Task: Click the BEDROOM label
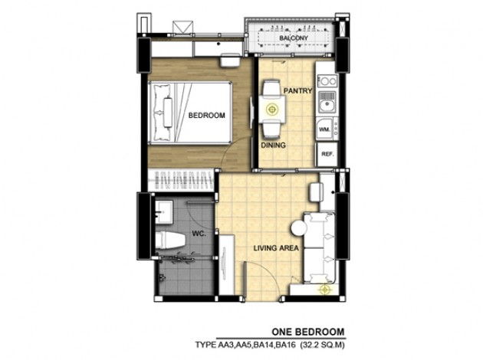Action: (x=207, y=116)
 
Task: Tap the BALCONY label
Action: (x=293, y=38)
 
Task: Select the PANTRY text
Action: (x=297, y=91)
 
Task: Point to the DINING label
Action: (x=273, y=146)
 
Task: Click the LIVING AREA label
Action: (x=276, y=248)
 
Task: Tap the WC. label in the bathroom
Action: (x=199, y=234)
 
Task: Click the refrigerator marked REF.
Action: (x=327, y=155)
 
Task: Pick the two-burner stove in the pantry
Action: (x=327, y=81)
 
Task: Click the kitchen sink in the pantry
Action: (x=327, y=103)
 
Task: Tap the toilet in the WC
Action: (x=169, y=240)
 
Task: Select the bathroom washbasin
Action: (x=164, y=211)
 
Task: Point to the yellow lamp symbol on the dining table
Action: (x=272, y=109)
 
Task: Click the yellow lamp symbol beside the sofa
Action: (x=325, y=290)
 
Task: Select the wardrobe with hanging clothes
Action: (x=180, y=180)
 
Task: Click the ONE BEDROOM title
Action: (x=308, y=332)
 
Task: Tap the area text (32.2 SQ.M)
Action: (x=323, y=345)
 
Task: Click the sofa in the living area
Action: (x=319, y=247)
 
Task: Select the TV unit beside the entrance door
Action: (x=227, y=265)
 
